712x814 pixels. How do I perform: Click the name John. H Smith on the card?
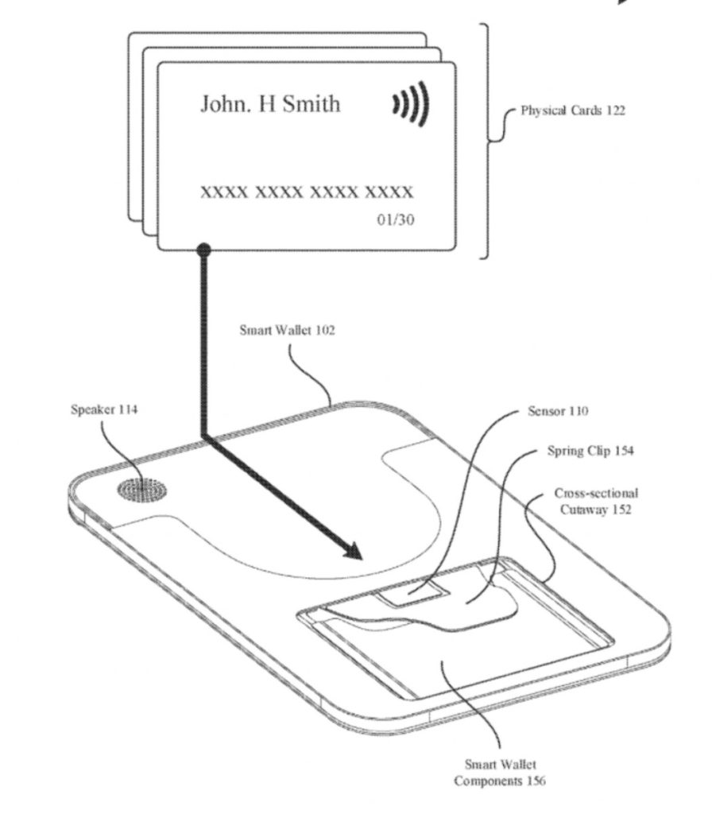tap(269, 104)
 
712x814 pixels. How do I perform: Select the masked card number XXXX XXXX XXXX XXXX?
tap(306, 192)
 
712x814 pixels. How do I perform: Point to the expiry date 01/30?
tap(395, 219)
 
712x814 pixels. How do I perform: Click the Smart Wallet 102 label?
tap(287, 330)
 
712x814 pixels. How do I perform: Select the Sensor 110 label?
tap(559, 412)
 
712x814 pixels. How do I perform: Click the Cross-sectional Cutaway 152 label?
tap(595, 502)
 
